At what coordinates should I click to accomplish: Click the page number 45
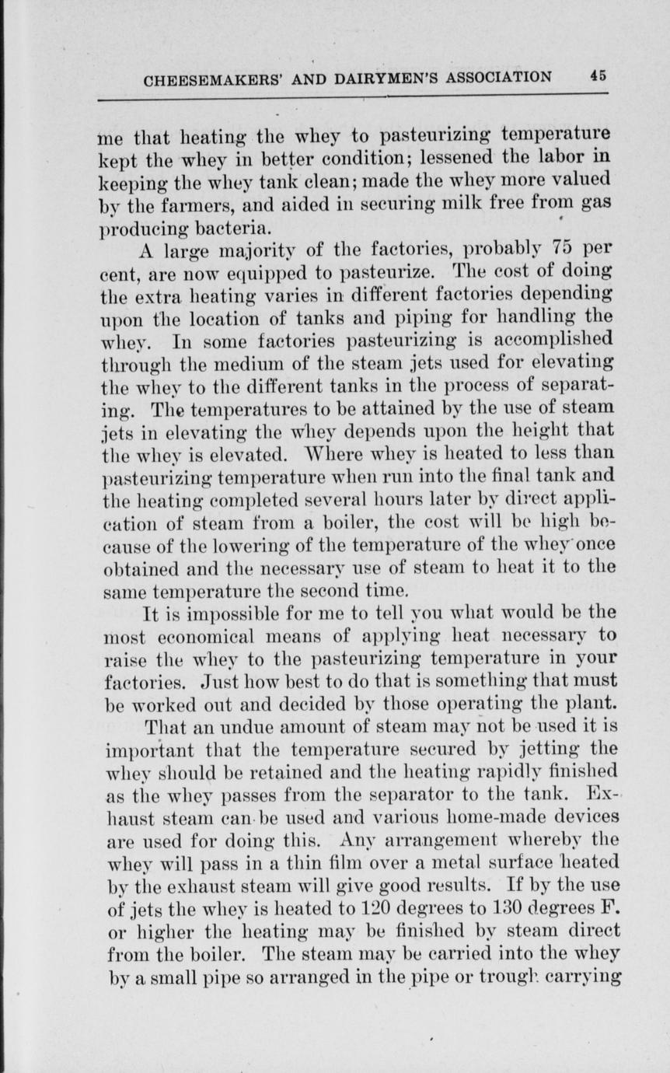pos(598,76)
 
